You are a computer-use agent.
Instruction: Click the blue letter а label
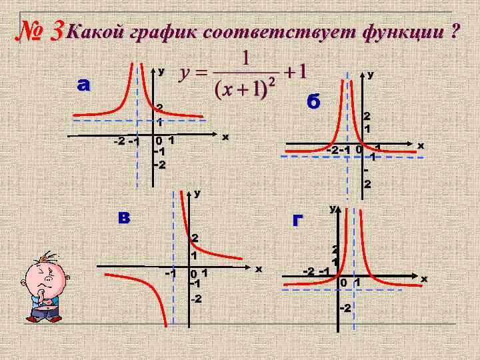coord(84,85)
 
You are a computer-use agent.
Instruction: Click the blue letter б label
coord(313,102)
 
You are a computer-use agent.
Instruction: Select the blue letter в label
coord(125,217)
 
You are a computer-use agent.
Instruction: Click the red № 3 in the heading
coord(39,29)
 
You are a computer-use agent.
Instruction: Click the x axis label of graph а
coord(225,137)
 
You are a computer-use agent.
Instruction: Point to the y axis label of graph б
coord(371,76)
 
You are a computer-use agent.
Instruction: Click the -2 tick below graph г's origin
coord(345,308)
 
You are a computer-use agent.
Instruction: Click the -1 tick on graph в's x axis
coord(170,274)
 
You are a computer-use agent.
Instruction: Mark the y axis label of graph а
coord(161,71)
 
